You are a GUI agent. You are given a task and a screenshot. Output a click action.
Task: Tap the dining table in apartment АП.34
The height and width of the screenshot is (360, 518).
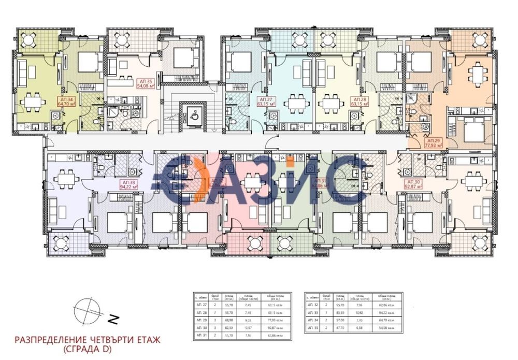34,102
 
